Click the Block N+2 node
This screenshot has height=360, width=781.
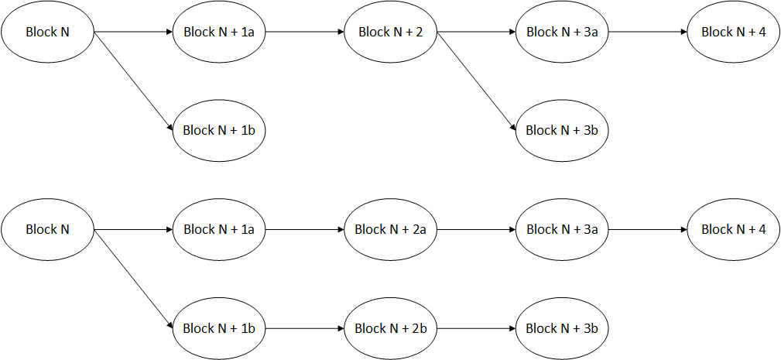tap(390, 33)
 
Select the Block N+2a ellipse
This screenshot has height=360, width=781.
tap(390, 230)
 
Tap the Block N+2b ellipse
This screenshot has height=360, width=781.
tap(390, 328)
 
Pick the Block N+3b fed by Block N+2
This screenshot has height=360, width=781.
tap(562, 130)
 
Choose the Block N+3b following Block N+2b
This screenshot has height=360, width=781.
tap(562, 328)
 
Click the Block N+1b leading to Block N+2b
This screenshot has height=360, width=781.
tap(219, 328)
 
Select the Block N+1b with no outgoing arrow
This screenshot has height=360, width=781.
tap(219, 130)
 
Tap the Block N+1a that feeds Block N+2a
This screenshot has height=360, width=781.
tap(219, 230)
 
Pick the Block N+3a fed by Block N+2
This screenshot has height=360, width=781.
tap(562, 33)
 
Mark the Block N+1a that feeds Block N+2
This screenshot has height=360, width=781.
tap(219, 33)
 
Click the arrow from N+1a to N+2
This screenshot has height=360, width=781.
tap(304, 33)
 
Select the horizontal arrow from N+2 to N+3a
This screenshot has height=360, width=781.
tap(476, 33)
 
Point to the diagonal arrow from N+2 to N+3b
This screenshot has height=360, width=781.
tap(476, 81)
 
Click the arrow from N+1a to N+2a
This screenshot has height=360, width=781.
tap(304, 230)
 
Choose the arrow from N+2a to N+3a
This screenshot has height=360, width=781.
tap(476, 230)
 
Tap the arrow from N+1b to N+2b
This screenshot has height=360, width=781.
tap(304, 328)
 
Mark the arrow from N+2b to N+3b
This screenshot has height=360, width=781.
tap(476, 328)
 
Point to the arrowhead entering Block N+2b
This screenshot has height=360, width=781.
tap(340, 328)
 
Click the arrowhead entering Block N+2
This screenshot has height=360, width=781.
tap(340, 33)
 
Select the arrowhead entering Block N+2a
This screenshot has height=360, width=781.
tap(340, 230)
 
